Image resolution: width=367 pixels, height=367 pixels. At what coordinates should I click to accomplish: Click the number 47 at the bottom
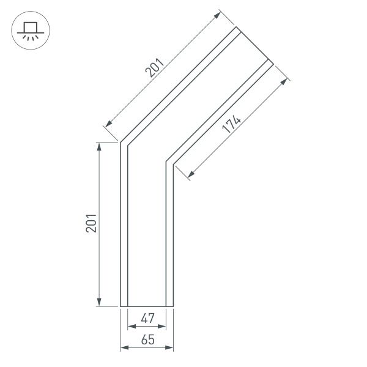tap(147, 317)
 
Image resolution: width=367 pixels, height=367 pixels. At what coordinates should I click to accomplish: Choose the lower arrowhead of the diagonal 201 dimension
tap(108, 125)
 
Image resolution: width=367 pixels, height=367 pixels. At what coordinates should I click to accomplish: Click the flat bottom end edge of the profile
tap(147, 306)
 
